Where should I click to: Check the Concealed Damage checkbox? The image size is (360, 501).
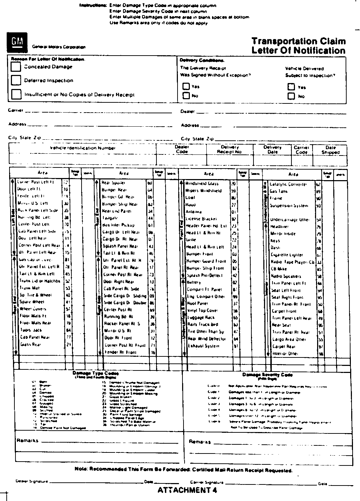(16, 66)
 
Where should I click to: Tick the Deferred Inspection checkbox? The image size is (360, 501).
(16, 80)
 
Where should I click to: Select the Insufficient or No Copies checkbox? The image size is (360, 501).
(16, 94)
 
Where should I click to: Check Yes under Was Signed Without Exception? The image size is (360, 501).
(186, 86)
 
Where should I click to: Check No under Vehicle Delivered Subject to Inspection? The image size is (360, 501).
(291, 96)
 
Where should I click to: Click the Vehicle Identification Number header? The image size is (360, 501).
(83, 148)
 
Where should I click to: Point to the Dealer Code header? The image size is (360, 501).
(182, 149)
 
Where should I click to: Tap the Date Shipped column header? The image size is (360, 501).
(330, 150)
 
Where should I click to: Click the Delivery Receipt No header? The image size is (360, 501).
(230, 150)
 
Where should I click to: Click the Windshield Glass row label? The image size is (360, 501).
(202, 184)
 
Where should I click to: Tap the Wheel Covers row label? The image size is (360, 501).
(33, 309)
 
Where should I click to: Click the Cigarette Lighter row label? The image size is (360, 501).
(287, 255)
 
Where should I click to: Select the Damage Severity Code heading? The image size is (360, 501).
(267, 375)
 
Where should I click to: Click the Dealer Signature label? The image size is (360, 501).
(31, 481)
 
